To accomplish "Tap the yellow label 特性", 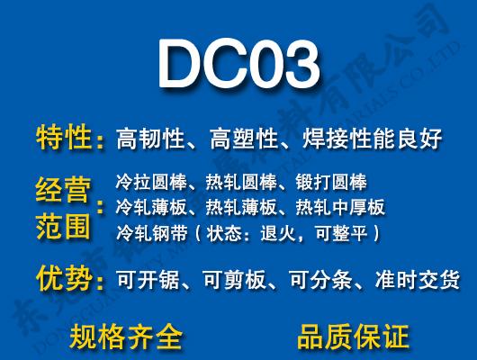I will coord(64,138).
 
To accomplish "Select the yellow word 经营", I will coord(64,192).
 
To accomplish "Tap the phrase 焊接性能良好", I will coord(373,139).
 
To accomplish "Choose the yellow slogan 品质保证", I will coord(353,337).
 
